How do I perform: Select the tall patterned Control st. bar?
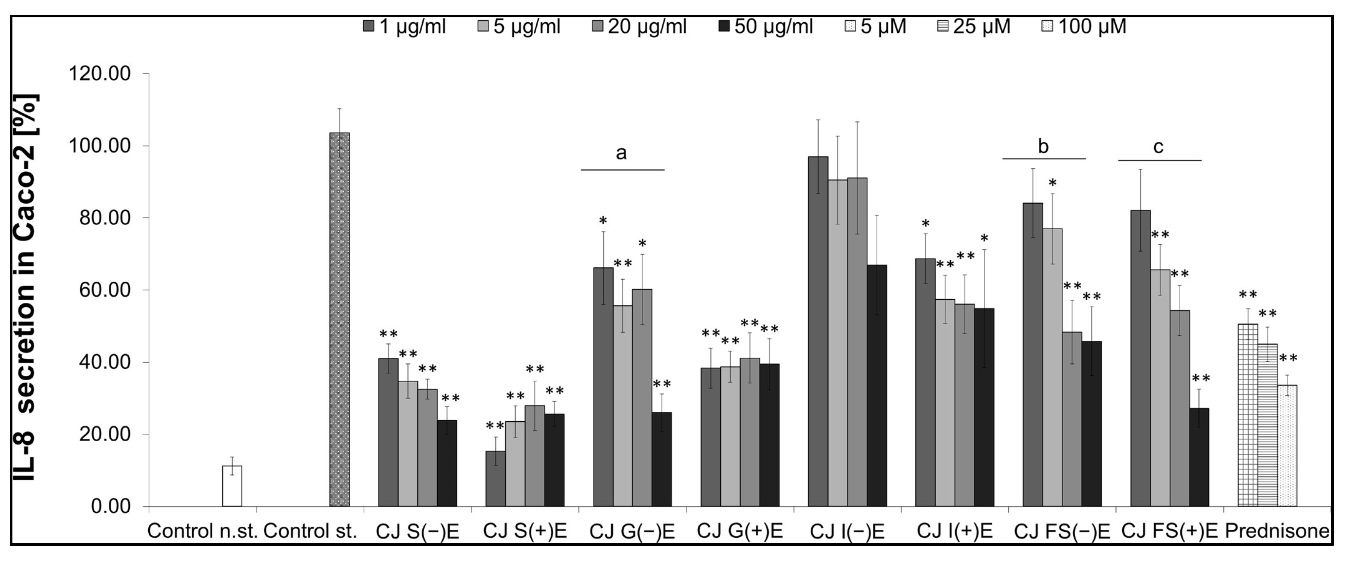click(x=339, y=319)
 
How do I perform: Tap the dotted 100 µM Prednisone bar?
click(x=1288, y=445)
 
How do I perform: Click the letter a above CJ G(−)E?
click(x=621, y=153)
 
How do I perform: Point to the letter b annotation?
click(x=1043, y=146)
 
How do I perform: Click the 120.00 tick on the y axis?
click(x=99, y=74)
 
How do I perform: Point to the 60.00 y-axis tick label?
click(x=105, y=290)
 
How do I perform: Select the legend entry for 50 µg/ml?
click(x=766, y=26)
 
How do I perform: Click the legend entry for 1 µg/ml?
click(x=404, y=26)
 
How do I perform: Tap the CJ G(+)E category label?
click(x=740, y=531)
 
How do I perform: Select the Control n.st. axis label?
click(x=202, y=531)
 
